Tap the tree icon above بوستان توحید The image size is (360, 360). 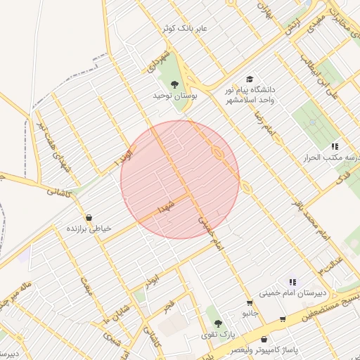point(174,85)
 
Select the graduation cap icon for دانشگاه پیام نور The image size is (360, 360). point(248,79)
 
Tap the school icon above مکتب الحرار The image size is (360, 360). point(335,147)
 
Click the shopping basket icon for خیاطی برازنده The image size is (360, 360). point(89,218)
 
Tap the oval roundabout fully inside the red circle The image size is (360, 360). point(218,153)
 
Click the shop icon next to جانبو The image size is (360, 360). point(249,303)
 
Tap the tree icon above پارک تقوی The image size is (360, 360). point(219,323)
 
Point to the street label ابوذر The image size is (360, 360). point(153,276)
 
